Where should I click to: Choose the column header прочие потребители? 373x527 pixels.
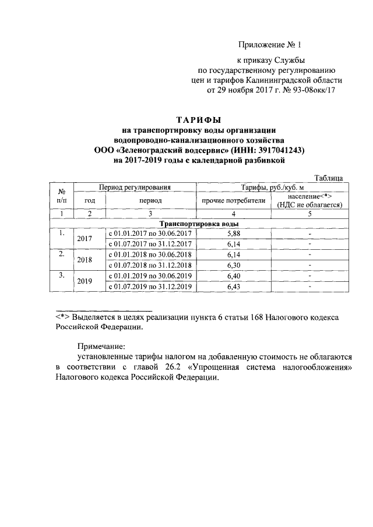(233, 200)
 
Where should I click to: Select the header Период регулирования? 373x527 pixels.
(138, 188)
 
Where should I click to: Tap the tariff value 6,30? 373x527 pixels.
(233, 265)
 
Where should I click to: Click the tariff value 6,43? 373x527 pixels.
(233, 286)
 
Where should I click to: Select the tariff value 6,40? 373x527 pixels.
(233, 275)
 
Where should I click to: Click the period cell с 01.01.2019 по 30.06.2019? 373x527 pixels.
(151, 275)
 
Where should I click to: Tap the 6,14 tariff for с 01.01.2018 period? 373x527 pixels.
(233, 254)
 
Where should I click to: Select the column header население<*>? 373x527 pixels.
(309, 197)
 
